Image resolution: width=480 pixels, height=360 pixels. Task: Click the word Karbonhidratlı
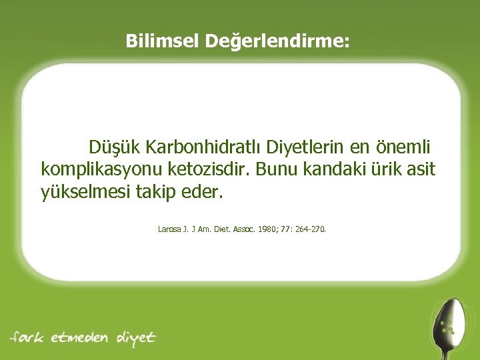pos(206,145)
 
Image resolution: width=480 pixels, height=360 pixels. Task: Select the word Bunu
pos(280,169)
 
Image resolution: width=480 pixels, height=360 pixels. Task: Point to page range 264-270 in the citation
pos(309,229)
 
